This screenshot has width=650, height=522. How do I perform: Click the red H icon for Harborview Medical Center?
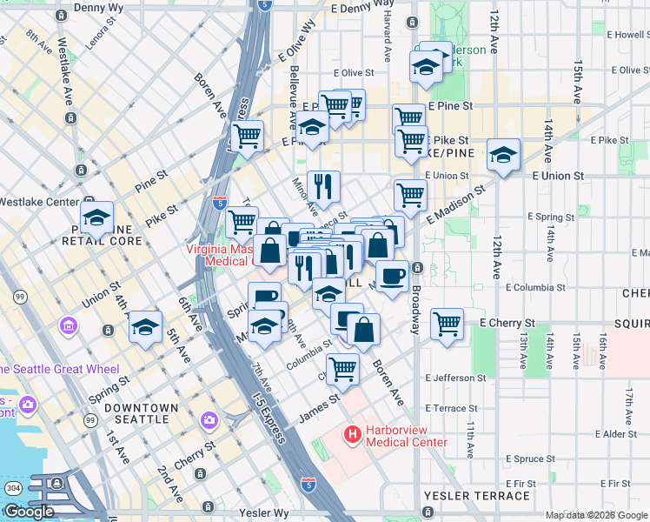[x=353, y=433]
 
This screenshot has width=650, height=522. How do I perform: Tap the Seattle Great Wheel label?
[x=65, y=369]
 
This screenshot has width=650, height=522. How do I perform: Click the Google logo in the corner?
[x=29, y=511]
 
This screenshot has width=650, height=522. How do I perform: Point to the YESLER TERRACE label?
[x=477, y=496]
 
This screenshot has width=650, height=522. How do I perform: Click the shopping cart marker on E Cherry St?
[x=447, y=324]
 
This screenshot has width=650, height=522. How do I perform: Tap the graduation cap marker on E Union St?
[x=503, y=155]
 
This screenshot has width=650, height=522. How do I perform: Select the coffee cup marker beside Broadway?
[x=392, y=276]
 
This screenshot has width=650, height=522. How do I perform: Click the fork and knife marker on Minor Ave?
[x=322, y=184]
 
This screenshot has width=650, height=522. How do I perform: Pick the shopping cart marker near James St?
[x=343, y=369]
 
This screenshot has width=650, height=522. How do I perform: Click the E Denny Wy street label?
[x=363, y=7]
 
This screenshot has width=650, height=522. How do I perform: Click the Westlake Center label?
[x=38, y=201]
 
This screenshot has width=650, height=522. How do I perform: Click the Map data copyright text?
[x=596, y=515]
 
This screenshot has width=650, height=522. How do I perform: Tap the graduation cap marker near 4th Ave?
[x=145, y=328]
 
